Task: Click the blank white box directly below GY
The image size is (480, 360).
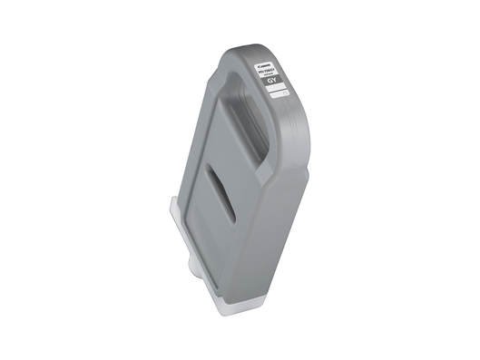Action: point(278,91)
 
